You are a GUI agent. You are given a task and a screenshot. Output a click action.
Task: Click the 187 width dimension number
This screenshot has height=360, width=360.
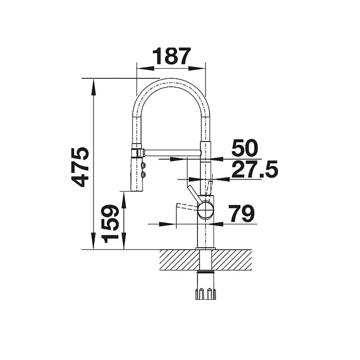coord(172,56)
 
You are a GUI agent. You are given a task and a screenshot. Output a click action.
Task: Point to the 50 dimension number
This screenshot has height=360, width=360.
coord(245,148)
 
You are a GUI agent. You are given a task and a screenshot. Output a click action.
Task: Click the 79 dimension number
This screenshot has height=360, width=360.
coord(242,213)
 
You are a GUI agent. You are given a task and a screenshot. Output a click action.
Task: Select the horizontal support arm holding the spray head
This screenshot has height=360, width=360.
coord(172,153)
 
